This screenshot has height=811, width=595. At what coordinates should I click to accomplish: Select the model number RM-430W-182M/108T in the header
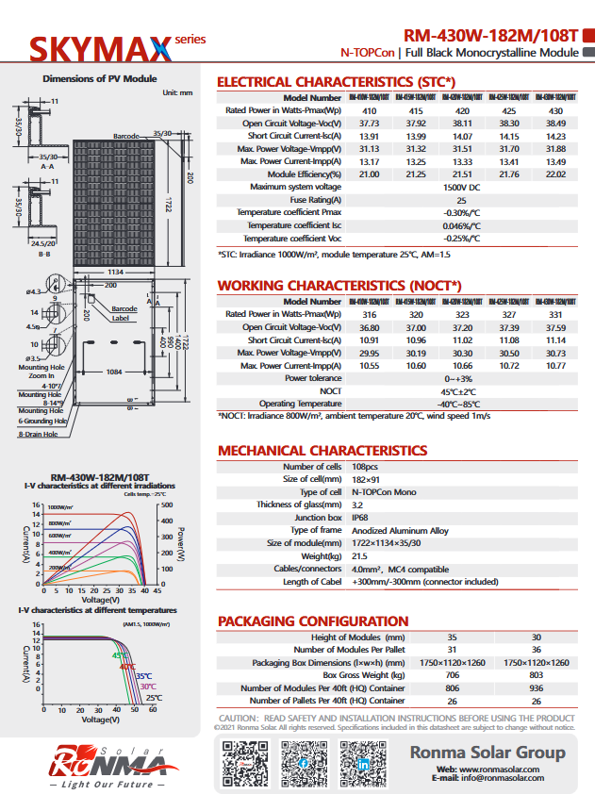(485, 32)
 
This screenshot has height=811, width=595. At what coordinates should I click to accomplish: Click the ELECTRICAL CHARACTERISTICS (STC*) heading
(336, 82)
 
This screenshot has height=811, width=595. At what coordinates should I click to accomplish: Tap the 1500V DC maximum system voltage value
(462, 187)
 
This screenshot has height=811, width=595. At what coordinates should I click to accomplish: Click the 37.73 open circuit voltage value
(369, 124)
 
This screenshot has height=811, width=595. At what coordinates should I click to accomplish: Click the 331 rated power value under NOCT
(555, 314)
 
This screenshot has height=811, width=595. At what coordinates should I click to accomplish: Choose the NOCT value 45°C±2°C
(462, 390)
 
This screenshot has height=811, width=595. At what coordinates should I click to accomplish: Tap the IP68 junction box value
(360, 518)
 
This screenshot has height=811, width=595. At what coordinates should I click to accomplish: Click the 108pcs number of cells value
(365, 467)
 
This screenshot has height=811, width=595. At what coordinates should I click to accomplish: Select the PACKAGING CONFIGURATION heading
(313, 621)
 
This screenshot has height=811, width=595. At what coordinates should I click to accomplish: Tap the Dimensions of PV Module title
(100, 79)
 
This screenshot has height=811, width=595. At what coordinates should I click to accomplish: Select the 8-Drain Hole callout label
(41, 435)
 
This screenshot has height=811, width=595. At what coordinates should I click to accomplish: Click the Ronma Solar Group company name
(487, 753)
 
